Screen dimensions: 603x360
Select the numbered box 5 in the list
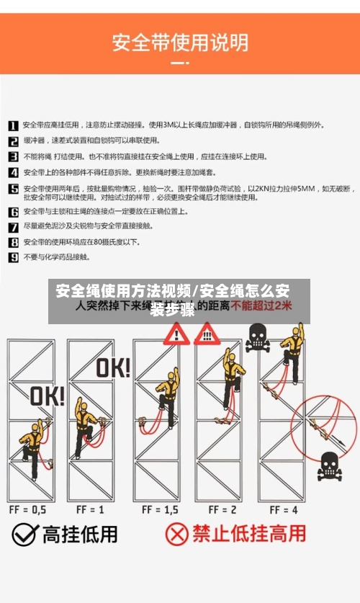13,189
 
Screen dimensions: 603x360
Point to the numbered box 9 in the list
13,256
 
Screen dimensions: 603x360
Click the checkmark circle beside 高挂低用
24,535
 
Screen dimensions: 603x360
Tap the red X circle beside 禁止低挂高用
177,535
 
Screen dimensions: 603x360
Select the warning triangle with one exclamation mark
175,334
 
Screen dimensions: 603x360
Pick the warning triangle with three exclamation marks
207,333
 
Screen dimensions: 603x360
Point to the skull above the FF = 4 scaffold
258,337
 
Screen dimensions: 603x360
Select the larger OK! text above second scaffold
113,367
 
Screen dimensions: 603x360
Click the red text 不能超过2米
262,305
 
